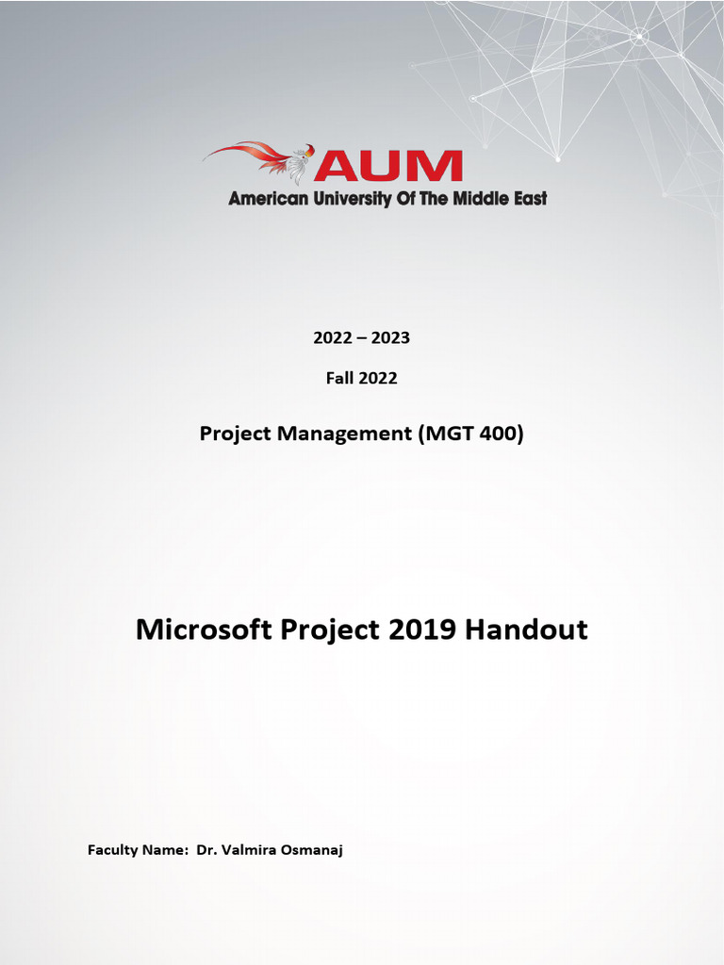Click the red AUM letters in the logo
coord(388,166)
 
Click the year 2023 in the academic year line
coord(391,337)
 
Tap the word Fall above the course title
coord(341,378)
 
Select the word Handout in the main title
coord(527,630)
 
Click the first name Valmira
coord(250,850)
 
